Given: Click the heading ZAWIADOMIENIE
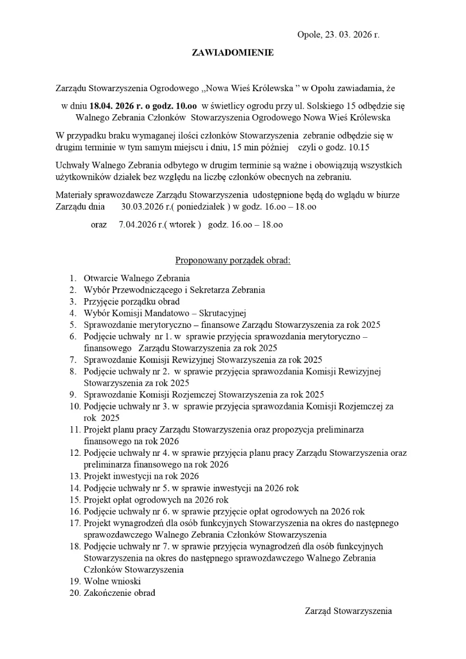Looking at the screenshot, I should [232, 53].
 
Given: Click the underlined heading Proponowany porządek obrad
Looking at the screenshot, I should [233, 260].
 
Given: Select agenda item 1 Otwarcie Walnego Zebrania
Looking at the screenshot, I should [137, 278].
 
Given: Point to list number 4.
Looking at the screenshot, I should [72, 313].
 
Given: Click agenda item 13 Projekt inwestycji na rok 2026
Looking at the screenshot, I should [141, 476].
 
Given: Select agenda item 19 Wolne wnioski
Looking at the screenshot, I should [113, 581].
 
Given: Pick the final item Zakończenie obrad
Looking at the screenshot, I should [119, 593].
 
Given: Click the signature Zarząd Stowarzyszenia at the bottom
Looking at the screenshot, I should [348, 611].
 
